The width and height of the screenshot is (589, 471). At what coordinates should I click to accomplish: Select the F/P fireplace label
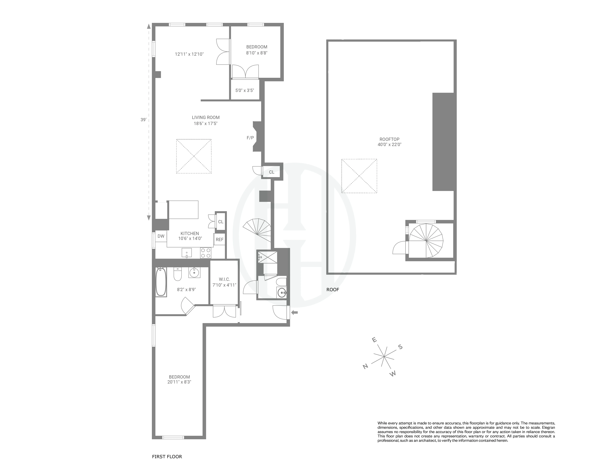tap(250, 138)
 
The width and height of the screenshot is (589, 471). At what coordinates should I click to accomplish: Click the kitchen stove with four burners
tap(205, 253)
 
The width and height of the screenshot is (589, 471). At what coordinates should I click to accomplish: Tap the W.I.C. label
tap(224, 279)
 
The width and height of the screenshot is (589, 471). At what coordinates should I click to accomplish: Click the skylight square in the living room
tap(194, 156)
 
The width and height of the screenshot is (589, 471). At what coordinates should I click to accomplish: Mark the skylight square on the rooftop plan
tap(359, 176)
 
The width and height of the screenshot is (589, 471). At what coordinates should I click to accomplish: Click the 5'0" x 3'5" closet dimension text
tap(245, 90)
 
